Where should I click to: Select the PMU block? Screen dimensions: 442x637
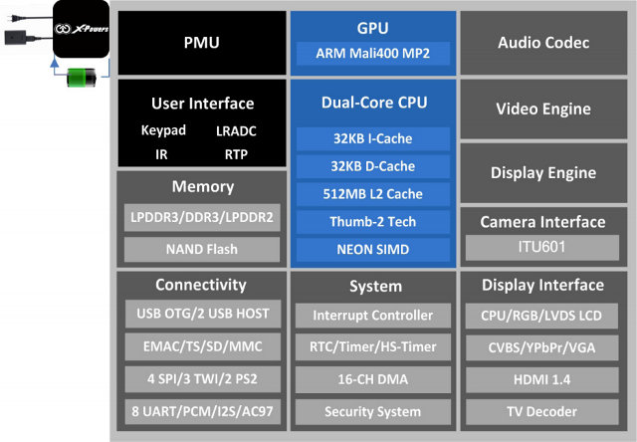[x=201, y=43]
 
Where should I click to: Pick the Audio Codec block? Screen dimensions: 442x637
[x=543, y=43]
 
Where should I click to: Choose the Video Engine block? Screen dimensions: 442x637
[x=543, y=109]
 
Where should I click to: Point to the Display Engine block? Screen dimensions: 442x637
[x=543, y=172]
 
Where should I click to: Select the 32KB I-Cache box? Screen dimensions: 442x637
[x=373, y=138]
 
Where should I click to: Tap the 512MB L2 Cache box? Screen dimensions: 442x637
[x=373, y=194]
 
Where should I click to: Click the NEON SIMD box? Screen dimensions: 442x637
[x=373, y=249]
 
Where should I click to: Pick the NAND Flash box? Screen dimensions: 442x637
[x=202, y=249]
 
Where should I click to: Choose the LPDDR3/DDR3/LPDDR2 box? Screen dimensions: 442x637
[x=202, y=218]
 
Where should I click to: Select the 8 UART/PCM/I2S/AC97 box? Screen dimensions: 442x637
[x=202, y=411]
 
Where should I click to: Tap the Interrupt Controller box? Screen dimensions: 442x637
[x=373, y=316]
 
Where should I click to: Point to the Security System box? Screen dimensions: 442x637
[x=373, y=411]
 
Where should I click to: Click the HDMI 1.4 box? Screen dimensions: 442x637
[x=543, y=379]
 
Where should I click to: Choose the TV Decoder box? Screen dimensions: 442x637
[x=543, y=411]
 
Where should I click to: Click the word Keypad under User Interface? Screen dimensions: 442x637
[x=164, y=130]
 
